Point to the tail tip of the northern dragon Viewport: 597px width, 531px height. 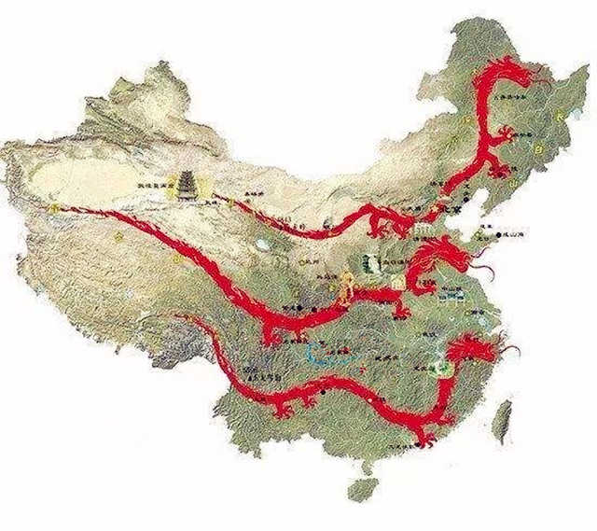(x=219, y=197)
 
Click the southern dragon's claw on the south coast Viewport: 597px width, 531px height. (x=424, y=439)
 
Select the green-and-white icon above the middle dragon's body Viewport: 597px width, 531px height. (x=368, y=263)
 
